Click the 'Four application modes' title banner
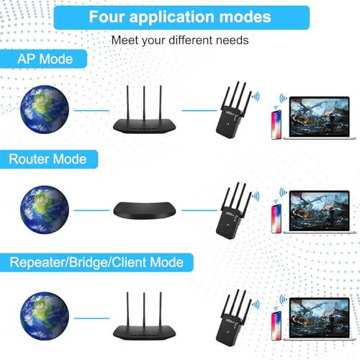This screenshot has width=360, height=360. point(181,17)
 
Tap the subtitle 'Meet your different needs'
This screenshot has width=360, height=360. point(180,40)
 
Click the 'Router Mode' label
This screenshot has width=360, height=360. point(48,159)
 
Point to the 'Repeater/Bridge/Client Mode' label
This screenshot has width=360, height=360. point(96,262)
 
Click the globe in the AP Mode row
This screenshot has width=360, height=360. point(45,109)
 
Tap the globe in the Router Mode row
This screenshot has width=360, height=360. point(45,210)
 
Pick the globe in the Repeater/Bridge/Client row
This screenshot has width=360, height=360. point(45,316)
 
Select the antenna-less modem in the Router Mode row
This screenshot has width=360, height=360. point(145,210)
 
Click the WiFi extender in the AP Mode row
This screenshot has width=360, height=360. point(233,110)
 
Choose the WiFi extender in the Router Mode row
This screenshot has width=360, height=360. point(233,210)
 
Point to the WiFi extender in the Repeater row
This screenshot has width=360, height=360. point(233,318)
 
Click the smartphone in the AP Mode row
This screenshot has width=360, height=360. point(276,125)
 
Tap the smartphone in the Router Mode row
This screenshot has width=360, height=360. point(276,219)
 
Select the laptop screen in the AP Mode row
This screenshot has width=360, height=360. point(319,117)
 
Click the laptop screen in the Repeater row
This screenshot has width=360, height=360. point(319,318)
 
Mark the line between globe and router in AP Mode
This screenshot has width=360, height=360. point(91,110)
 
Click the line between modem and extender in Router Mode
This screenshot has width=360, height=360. point(199,210)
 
